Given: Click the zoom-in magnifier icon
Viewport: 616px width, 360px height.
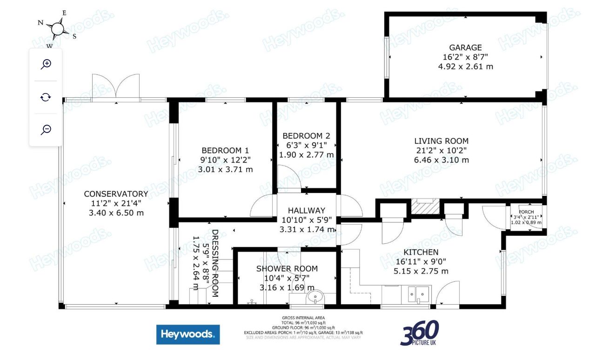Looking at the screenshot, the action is point(46,64).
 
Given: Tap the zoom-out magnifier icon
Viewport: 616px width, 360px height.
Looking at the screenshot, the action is point(46,129).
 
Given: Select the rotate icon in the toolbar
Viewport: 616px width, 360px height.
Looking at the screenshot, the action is point(46,97).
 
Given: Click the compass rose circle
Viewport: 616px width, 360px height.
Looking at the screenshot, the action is point(57,28).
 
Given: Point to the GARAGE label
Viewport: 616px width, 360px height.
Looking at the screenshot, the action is point(465,47).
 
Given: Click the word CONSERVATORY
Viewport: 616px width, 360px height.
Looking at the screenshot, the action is point(116,194).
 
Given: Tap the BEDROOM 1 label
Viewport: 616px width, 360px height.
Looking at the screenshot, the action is point(225,150).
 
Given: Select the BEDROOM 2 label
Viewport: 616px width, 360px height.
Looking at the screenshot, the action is point(306,136).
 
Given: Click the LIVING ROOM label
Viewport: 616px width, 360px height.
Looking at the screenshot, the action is point(442,141).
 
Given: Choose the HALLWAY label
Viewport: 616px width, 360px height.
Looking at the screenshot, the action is point(306,210).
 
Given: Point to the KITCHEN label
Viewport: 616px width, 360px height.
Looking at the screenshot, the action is point(421,252).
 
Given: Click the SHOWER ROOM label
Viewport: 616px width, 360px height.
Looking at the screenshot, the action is point(287,269).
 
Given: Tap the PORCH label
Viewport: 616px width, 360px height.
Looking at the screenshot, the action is point(526,212).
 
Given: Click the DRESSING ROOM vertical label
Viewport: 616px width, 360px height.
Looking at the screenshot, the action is point(215,263).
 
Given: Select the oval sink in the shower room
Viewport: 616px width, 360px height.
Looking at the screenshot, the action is point(315,297).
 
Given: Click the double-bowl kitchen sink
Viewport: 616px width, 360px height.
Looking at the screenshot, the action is point(418,294).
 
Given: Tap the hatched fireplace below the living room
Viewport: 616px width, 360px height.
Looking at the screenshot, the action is point(425,207).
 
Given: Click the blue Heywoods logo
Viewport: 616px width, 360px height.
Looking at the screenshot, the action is point(188,334).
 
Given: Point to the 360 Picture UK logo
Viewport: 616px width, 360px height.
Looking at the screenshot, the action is point(419,333).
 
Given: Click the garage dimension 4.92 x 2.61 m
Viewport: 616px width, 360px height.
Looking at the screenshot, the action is point(465,67).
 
